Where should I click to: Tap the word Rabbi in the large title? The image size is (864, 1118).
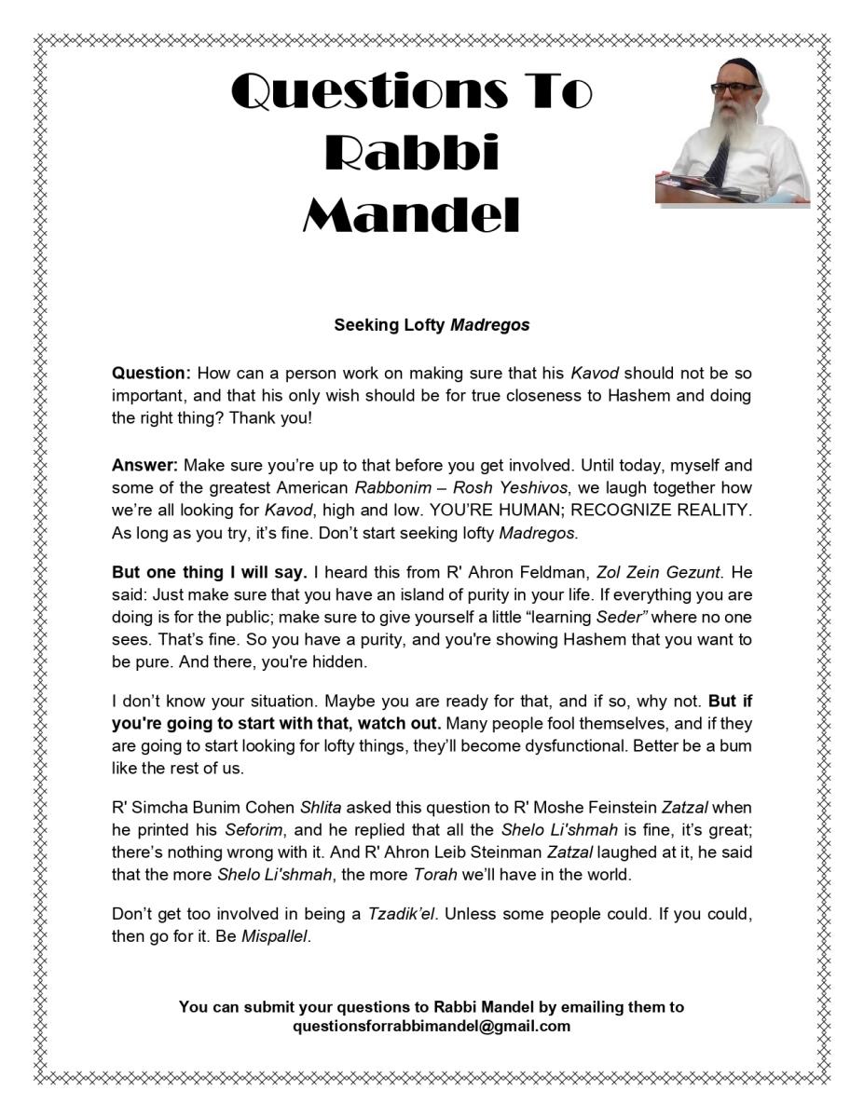pyautogui.click(x=411, y=154)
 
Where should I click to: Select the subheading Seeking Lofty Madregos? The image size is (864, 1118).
pyautogui.click(x=432, y=325)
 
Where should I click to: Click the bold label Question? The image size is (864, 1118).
pyautogui.click(x=151, y=374)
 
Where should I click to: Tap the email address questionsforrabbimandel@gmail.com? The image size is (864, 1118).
pyautogui.click(x=432, y=1026)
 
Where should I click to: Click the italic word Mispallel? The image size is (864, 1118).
pyautogui.click(x=275, y=936)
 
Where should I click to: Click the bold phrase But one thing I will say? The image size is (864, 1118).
pyautogui.click(x=210, y=572)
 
